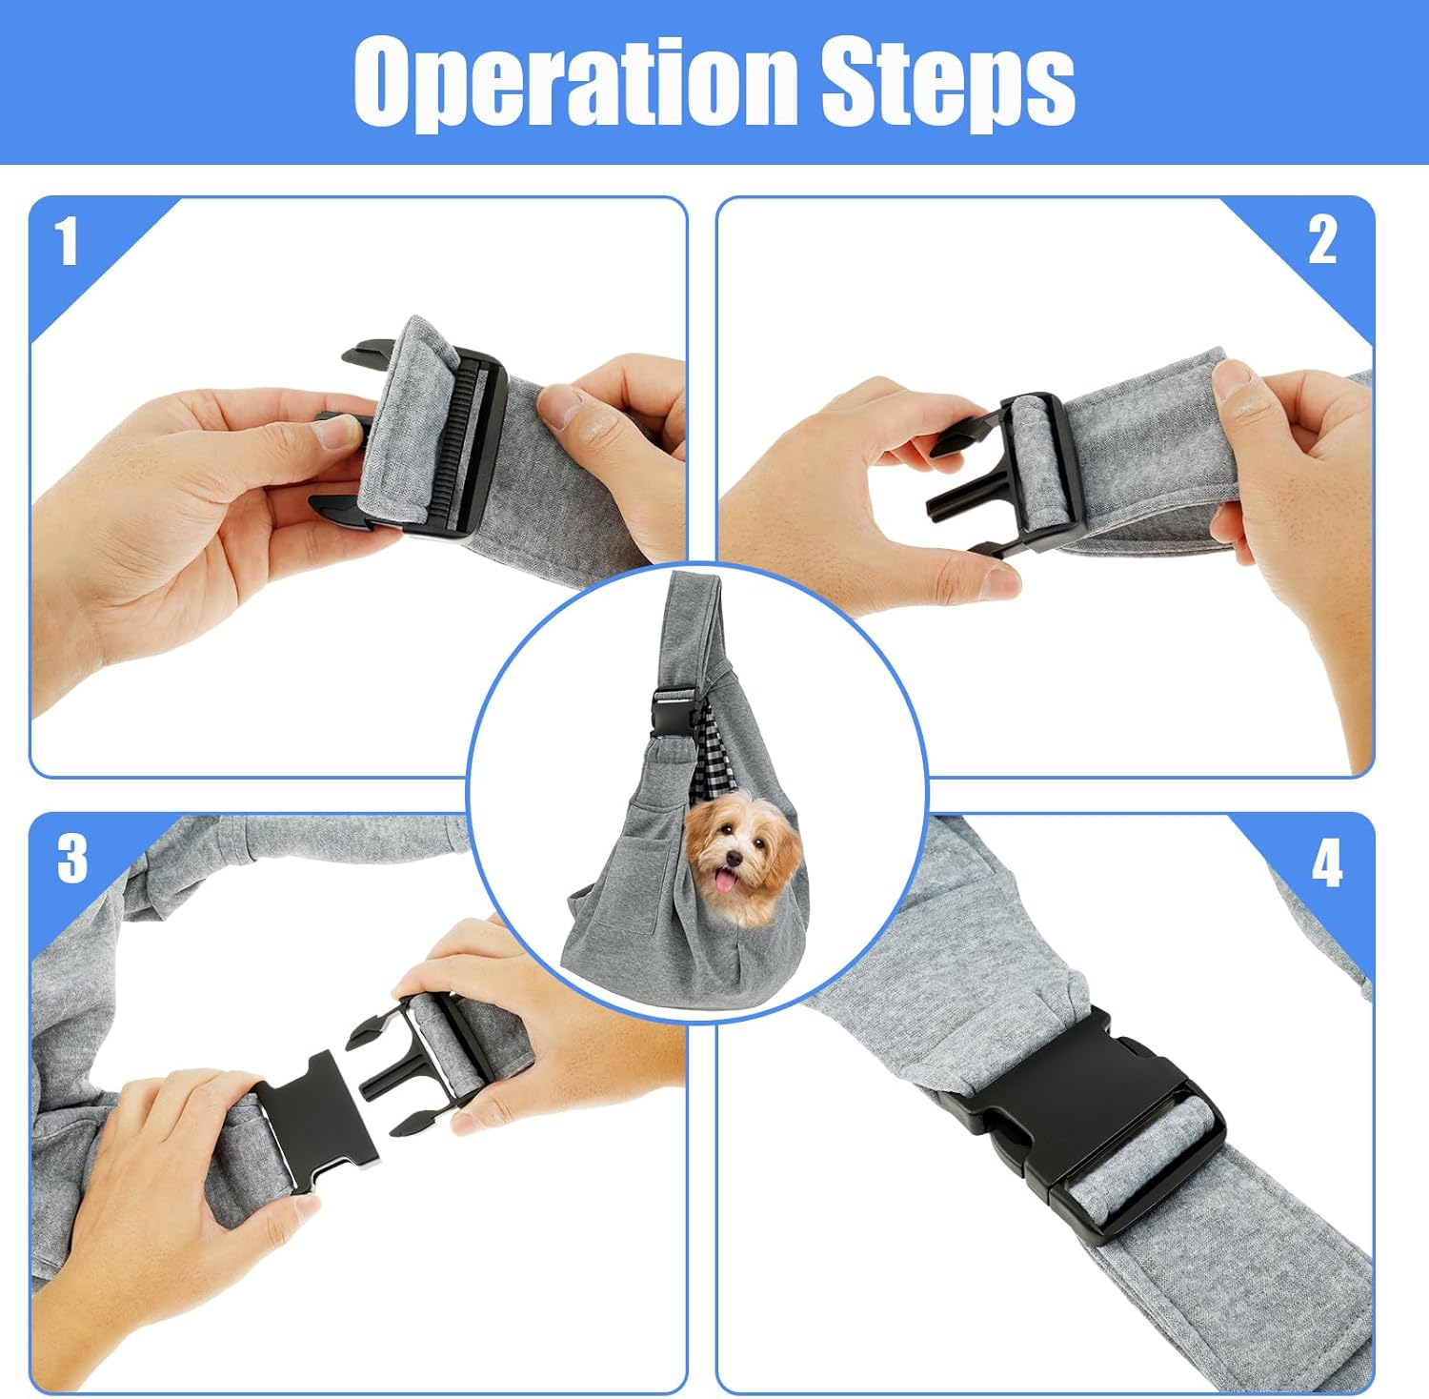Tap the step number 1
click(65, 242)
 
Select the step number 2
click(1322, 239)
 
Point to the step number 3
click(71, 859)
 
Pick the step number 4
click(1327, 864)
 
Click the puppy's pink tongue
click(730, 882)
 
